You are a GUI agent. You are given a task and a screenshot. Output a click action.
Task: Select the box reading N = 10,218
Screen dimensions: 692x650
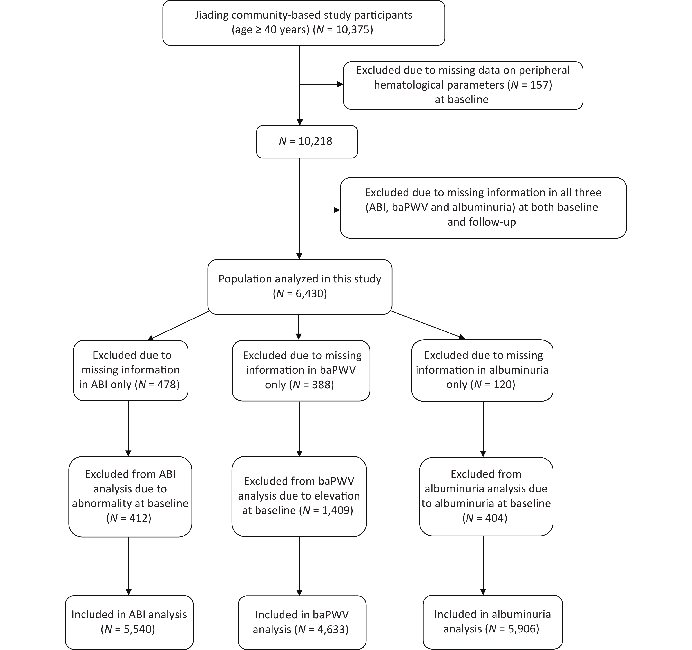click(307, 142)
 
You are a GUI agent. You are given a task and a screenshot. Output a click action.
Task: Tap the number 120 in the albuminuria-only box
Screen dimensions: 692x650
click(503, 384)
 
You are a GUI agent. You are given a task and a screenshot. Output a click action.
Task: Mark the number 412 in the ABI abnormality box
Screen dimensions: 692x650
click(139, 518)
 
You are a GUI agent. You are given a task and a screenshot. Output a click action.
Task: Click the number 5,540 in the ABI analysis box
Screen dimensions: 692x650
click(138, 629)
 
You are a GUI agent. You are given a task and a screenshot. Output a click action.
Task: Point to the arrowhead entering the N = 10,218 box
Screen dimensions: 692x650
click(300, 123)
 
